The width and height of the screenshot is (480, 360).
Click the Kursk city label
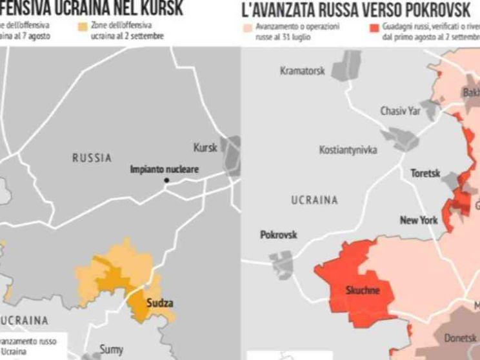(206, 147)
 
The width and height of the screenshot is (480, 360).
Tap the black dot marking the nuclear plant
(166, 180)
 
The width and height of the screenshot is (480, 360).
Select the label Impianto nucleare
(164, 170)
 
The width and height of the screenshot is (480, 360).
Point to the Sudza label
(160, 303)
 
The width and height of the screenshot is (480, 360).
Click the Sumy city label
(111, 349)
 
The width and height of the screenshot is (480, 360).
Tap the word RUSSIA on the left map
(92, 157)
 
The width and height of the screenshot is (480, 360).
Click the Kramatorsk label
(302, 71)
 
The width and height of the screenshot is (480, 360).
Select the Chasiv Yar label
(399, 111)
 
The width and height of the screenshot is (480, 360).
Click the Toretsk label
(425, 174)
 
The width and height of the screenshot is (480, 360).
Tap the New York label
(419, 221)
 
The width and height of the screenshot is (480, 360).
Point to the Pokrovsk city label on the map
(278, 235)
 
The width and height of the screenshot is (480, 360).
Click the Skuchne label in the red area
(363, 290)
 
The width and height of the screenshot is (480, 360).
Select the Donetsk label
(460, 337)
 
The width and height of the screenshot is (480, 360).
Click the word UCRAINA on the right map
(314, 200)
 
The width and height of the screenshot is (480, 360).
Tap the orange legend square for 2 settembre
(82, 28)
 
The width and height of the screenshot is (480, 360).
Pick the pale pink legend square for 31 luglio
(247, 28)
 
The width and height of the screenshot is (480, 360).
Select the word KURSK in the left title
(159, 8)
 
